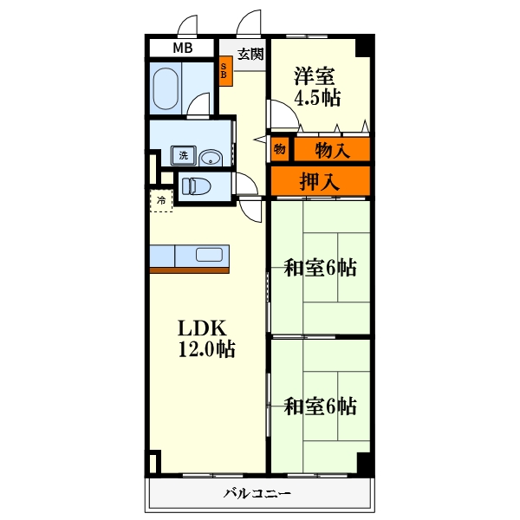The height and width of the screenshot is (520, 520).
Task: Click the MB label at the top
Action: (x=183, y=49)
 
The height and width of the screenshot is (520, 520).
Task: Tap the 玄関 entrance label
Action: (x=250, y=54)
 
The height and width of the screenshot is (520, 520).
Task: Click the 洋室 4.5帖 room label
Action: (x=315, y=86)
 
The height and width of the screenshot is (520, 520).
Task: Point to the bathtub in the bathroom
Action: (x=166, y=88)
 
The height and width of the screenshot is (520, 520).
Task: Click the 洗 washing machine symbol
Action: (x=183, y=156)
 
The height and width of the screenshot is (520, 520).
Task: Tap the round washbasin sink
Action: (x=211, y=157)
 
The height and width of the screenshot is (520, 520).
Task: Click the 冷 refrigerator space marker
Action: (x=161, y=200)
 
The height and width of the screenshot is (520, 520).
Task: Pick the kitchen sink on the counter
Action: (x=211, y=255)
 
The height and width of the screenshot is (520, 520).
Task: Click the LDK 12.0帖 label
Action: (x=205, y=339)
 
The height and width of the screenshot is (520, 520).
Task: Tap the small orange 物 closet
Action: (x=280, y=148)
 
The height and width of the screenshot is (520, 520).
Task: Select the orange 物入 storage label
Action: (x=332, y=150)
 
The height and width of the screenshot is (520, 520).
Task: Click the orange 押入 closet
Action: (x=320, y=181)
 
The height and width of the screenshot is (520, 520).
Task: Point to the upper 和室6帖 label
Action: (x=321, y=268)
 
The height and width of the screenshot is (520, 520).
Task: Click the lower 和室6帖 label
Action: (x=321, y=406)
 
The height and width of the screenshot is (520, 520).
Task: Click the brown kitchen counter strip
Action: (x=190, y=270)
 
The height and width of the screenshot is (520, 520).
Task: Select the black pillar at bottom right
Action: (x=365, y=464)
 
